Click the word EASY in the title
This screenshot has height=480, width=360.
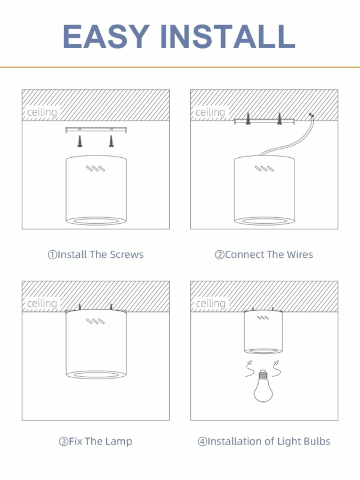(106, 36)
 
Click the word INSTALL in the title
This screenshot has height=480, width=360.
(228, 36)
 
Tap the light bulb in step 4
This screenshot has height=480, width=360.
(263, 386)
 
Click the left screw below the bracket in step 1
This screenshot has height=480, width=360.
(80, 141)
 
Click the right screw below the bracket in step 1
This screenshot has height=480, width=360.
(111, 141)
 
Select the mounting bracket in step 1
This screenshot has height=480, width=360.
(96, 130)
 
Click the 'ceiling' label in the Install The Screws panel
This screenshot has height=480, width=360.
(42, 112)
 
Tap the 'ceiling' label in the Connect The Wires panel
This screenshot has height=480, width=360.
(211, 112)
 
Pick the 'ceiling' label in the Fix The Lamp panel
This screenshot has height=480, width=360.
(42, 304)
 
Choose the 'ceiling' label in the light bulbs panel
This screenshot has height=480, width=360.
(211, 304)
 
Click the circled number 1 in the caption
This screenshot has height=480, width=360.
(52, 254)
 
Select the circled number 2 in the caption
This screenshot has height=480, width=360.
(220, 254)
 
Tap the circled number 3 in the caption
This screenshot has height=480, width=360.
(64, 442)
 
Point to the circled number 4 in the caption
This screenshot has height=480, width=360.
(202, 442)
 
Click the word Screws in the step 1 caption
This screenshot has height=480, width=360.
(127, 254)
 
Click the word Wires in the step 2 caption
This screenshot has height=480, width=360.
(299, 254)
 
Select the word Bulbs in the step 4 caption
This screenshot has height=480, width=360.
(317, 442)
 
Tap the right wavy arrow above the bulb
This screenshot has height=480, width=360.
(276, 368)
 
